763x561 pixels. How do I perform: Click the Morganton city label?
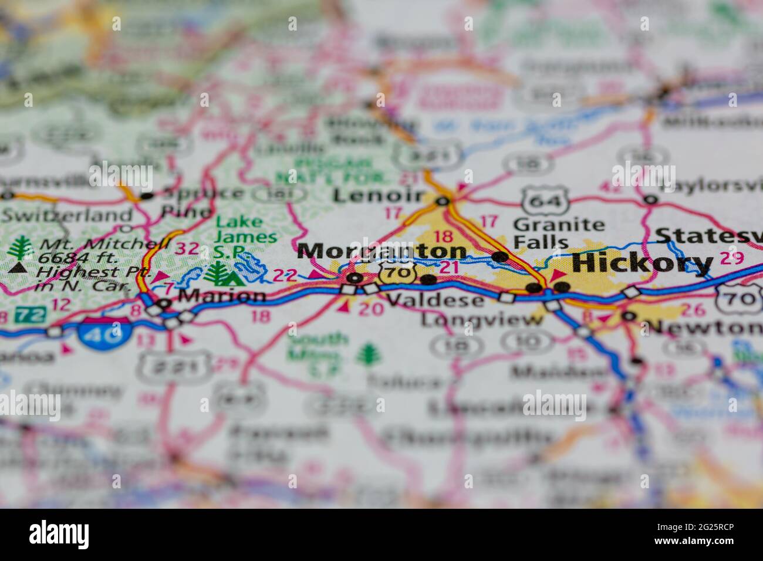[x=381, y=252]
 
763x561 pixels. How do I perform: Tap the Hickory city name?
[x=642, y=263]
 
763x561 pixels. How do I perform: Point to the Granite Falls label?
[x=558, y=233]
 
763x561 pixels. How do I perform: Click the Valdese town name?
[x=435, y=300]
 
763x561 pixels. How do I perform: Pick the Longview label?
[x=482, y=320]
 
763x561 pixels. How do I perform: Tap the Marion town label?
[x=221, y=296]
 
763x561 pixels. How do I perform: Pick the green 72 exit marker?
[x=30, y=314]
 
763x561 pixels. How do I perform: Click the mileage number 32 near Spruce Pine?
[x=187, y=248]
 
